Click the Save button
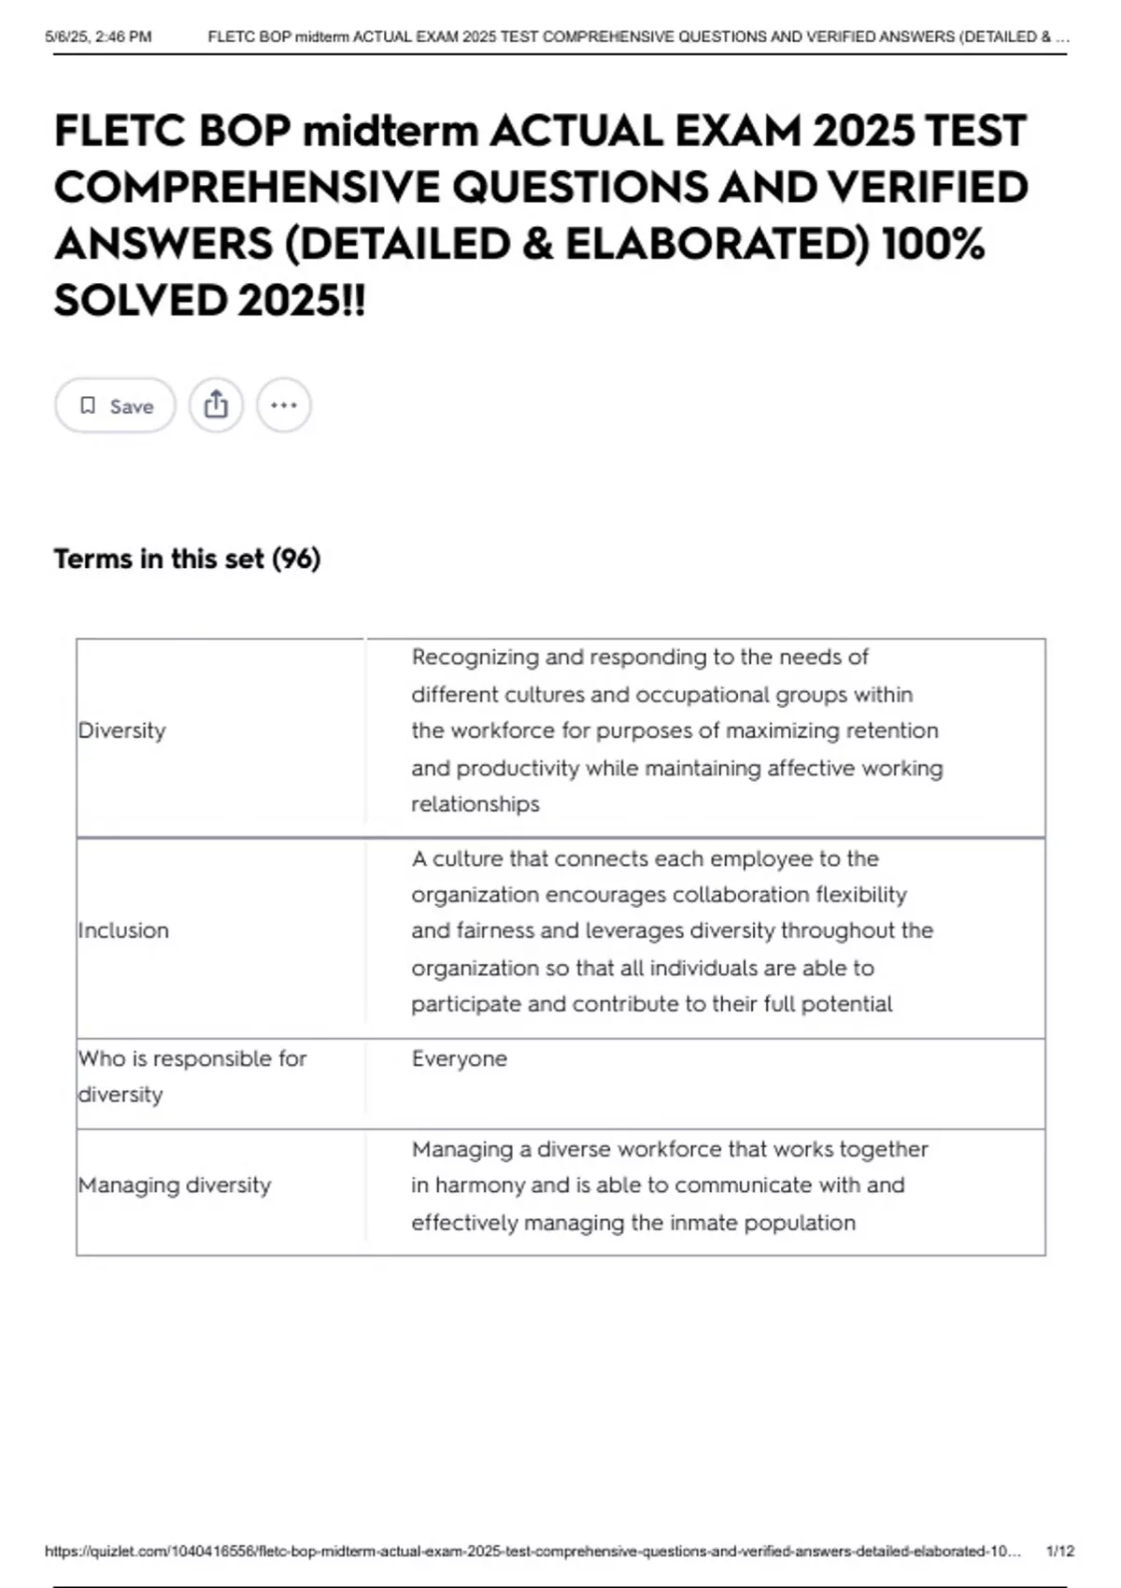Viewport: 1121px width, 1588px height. coord(115,405)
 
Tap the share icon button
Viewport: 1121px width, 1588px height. coord(216,405)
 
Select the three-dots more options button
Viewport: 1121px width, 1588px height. coord(283,405)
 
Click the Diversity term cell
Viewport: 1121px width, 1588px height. coord(122,730)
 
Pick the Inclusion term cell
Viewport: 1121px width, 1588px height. coord(123,930)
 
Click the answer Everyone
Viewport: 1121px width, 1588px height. coord(459,1058)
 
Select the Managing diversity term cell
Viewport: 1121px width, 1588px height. coord(175,1185)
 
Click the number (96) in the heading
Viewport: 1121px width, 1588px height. coord(296,559)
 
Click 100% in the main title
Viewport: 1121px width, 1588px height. coord(931,245)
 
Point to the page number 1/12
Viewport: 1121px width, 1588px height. coord(1059,1551)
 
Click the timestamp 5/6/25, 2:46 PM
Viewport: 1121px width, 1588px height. coord(98,37)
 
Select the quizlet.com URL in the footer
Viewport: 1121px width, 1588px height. coord(532,1551)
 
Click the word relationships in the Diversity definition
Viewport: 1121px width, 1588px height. coord(475,804)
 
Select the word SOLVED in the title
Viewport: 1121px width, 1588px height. coord(140,301)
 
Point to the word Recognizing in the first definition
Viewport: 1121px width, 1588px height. coord(475,658)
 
